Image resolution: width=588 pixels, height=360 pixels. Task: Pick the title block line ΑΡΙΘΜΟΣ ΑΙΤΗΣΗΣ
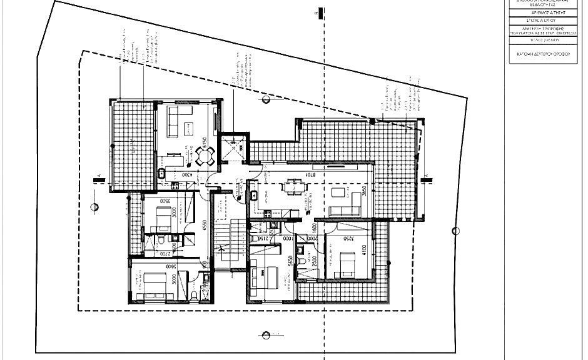point(544,12)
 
